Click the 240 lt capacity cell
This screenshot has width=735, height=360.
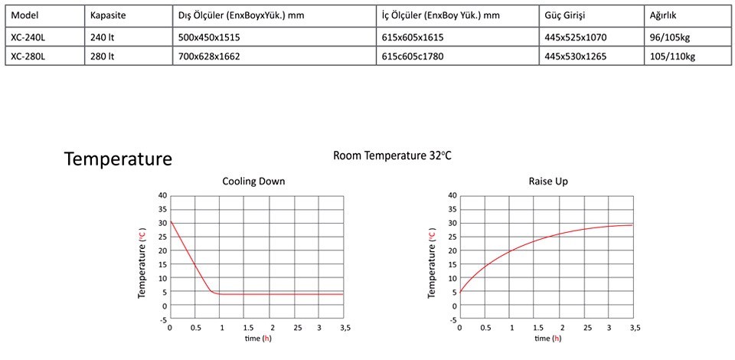pos(102,36)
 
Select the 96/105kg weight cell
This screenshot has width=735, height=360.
pos(670,36)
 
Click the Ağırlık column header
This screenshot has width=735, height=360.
pos(664,15)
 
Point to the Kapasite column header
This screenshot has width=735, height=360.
pos(108,15)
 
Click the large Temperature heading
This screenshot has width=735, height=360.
pos(118,159)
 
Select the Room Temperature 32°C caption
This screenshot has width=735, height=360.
pos(393,155)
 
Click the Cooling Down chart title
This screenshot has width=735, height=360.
pos(253,182)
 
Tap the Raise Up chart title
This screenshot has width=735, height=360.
pos(547,182)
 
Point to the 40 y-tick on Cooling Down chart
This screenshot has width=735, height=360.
pos(162,195)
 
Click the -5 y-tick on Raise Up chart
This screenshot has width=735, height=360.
pos(452,319)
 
